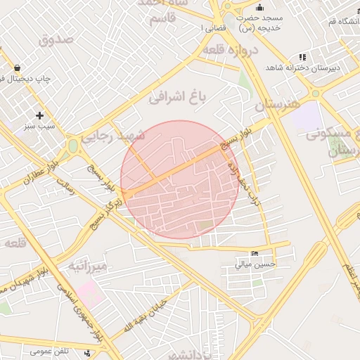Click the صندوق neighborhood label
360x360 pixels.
click(x=57, y=39)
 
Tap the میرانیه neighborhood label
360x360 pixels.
click(x=87, y=266)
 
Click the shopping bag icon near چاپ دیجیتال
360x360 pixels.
click(x=16, y=68)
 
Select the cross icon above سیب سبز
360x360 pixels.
click(x=39, y=115)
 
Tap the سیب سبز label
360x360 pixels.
click(x=39, y=127)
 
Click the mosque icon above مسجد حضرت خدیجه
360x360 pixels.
click(x=259, y=8)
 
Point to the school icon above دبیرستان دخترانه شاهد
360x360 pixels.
click(x=302, y=57)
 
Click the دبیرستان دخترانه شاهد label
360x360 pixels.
click(x=302, y=68)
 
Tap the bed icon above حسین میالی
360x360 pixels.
click(x=254, y=254)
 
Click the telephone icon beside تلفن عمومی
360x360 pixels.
click(x=86, y=352)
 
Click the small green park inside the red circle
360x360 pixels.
click(x=205, y=226)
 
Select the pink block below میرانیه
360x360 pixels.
click(x=90, y=290)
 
